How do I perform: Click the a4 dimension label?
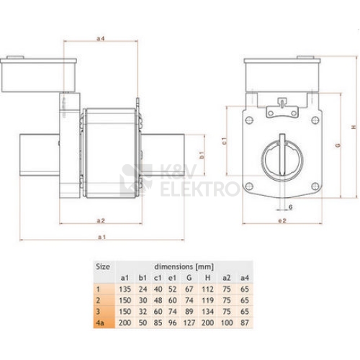[101, 38]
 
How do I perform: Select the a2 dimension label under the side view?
[101, 220]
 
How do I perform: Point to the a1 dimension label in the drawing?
[102, 237]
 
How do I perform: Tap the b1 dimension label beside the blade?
[202, 155]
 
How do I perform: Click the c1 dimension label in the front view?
[224, 141]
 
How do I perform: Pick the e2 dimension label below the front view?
[282, 220]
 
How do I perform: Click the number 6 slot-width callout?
[290, 207]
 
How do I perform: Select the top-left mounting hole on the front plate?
[249, 120]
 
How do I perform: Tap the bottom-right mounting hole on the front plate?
[315, 186]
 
